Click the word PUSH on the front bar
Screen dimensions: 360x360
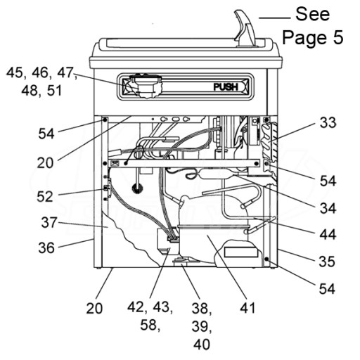[226, 86]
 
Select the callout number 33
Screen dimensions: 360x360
[328, 122]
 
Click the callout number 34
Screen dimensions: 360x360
[328, 208]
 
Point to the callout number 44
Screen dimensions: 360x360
[328, 234]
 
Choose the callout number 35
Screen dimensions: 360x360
[327, 262]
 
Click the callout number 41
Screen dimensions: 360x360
[247, 307]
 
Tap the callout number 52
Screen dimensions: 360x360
[45, 196]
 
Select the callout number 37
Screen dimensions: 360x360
[49, 222]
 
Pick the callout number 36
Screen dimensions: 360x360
[46, 247]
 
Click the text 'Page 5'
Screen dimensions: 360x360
[313, 37]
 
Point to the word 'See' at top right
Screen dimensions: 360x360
[313, 14]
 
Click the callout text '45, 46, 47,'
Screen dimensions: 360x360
[41, 72]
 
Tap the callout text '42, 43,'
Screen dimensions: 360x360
[150, 307]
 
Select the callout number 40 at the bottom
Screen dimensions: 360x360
[202, 345]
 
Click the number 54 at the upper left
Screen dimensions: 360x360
[46, 134]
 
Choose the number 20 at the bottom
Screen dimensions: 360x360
[94, 308]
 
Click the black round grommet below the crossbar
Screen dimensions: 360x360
[137, 188]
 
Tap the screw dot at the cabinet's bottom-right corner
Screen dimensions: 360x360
[266, 259]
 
